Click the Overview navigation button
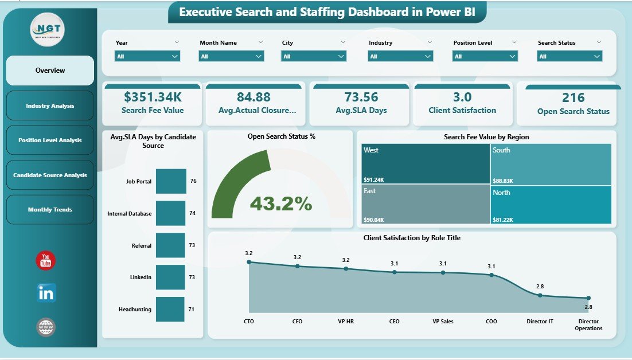coord(50,71)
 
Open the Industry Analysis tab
coord(50,105)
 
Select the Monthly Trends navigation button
coord(50,210)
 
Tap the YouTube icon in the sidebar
coord(46,261)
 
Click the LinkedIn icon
coord(46,293)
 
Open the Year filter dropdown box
coord(147,56)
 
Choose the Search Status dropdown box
coord(569,56)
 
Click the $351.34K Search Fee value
coord(152,97)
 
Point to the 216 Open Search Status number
coord(573,98)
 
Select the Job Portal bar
coord(171,181)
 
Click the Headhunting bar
coord(171,309)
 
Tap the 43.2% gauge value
coord(281,203)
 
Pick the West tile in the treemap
coord(425,163)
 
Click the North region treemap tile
coord(551,205)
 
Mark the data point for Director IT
coord(540,295)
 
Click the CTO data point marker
coord(249,262)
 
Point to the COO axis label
coord(491,322)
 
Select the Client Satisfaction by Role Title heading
coord(412,237)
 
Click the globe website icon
coord(46,327)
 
